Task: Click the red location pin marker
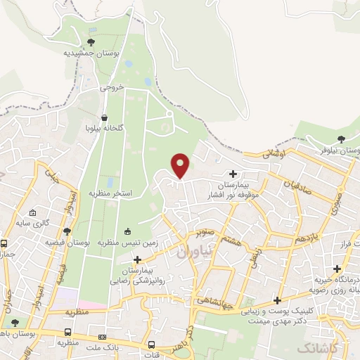click(181, 165)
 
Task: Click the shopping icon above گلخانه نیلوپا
click(104, 118)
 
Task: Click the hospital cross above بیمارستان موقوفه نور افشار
click(233, 174)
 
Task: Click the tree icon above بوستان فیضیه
click(67, 231)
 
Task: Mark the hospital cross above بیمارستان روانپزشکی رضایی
click(147, 260)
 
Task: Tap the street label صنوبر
click(204, 231)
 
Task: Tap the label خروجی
click(111, 88)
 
